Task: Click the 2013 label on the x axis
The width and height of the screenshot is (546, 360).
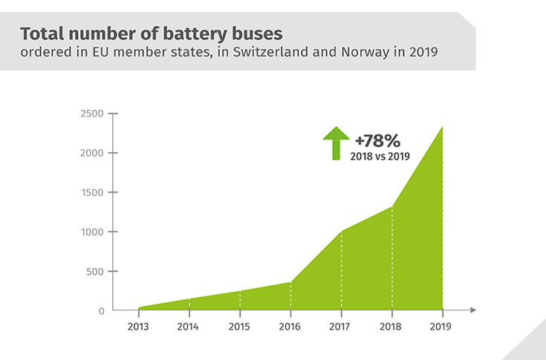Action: coord(139,325)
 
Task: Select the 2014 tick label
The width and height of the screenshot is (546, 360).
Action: coord(189,325)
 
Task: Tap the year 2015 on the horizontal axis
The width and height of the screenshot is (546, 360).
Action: coord(240,325)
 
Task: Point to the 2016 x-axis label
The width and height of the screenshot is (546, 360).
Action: coord(290,325)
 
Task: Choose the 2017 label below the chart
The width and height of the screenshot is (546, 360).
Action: coord(341,325)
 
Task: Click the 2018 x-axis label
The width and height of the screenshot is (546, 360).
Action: coord(391,325)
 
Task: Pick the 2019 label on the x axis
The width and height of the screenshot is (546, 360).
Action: coord(442,325)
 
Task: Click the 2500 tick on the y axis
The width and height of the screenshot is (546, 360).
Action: coord(93,114)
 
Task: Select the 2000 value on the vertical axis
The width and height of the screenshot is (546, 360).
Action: coord(93,153)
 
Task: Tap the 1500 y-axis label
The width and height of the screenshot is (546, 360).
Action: coord(93,192)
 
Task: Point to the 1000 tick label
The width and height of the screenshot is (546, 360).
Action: coord(93,232)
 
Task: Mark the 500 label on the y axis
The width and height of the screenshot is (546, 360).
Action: coord(96,271)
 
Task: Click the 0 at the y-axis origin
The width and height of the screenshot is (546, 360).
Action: coord(101,310)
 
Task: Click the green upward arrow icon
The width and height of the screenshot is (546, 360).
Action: coord(335,143)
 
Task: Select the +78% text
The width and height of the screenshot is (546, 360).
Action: coord(377,139)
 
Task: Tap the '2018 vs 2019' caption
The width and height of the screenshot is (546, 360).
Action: coord(380,156)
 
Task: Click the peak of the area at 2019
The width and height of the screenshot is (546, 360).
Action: coord(442,127)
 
